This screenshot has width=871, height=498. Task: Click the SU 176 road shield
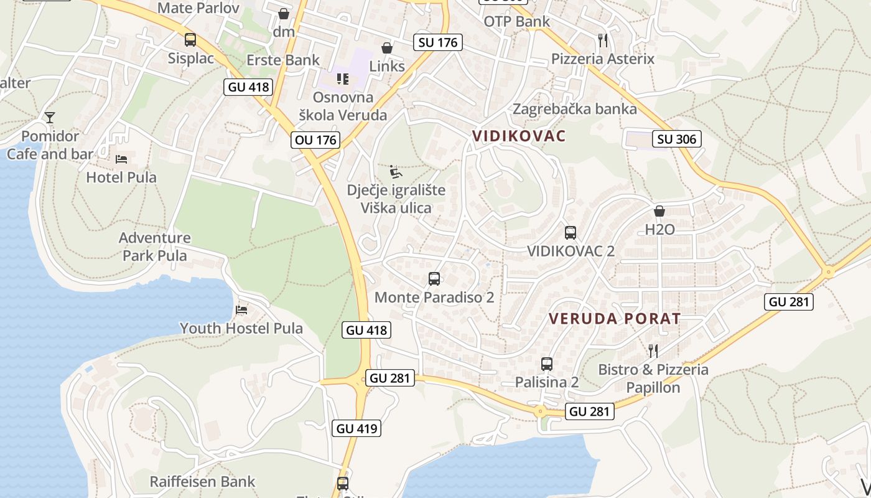438,42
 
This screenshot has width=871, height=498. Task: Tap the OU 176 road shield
316,140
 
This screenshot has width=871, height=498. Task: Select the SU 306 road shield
677,139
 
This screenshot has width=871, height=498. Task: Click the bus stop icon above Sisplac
190,40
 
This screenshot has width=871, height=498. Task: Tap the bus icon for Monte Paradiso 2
434,279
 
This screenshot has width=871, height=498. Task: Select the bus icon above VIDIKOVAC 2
571,233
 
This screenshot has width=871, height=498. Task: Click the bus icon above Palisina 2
547,364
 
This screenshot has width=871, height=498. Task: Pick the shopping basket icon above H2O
659,211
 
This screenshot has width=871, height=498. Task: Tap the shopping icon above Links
387,48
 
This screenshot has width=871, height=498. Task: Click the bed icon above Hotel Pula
121,159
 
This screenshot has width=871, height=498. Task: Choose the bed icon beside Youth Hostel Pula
241,309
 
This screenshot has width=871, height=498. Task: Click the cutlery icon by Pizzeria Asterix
602,40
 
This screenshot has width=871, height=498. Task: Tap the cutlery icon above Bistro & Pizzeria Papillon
653,351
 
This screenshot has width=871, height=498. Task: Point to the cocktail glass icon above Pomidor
50,117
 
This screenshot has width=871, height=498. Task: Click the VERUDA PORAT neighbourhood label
615,319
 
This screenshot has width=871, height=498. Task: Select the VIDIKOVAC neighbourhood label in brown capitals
519,136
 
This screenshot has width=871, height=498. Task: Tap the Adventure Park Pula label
155,247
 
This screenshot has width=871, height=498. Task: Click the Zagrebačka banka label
574,109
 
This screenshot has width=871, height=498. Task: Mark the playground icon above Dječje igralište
395,171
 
